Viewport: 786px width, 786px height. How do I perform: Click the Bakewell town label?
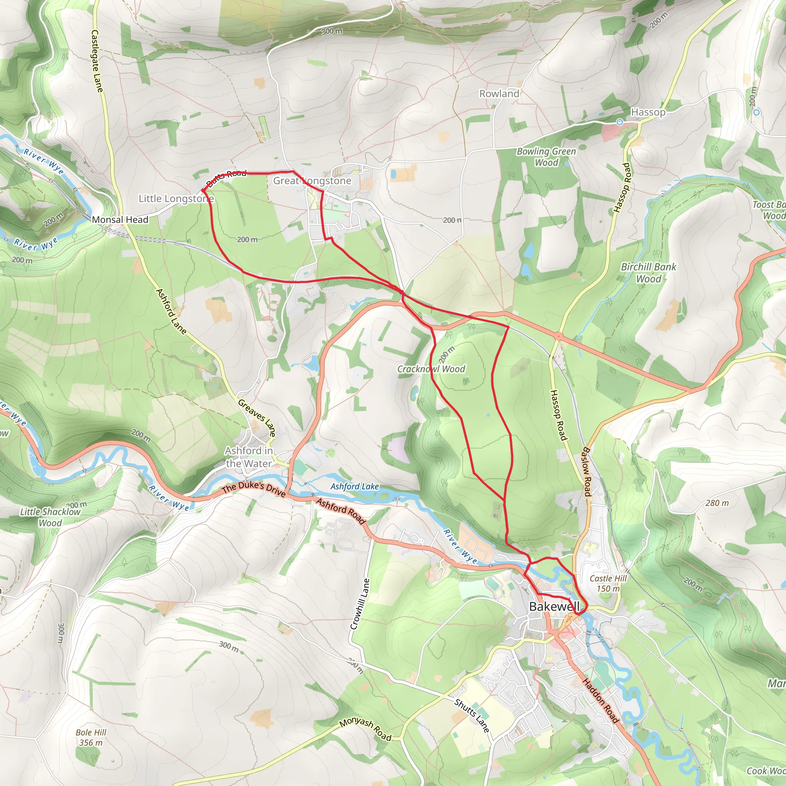554,607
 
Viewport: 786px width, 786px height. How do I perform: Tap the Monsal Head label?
120,220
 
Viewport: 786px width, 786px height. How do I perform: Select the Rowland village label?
499,94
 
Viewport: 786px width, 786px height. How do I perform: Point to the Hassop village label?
648,112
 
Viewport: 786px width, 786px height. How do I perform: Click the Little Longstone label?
176,198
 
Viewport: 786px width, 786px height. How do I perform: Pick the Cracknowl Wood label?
431,369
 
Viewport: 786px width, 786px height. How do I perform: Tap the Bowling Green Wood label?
546,157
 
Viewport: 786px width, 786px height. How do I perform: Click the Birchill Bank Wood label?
648,272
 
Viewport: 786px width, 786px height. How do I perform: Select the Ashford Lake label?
354,487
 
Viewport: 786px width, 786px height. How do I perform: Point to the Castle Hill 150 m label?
608,583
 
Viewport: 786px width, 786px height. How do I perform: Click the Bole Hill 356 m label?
91,738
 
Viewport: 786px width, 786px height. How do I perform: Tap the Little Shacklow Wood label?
50,517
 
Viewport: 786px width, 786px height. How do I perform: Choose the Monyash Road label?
365,729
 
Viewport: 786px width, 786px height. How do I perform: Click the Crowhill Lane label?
360,604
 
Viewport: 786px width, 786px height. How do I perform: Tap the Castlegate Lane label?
97,61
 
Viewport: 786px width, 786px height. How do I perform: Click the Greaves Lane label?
257,418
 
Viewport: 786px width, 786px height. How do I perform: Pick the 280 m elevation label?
717,503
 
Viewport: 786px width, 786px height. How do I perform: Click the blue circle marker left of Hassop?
619,122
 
